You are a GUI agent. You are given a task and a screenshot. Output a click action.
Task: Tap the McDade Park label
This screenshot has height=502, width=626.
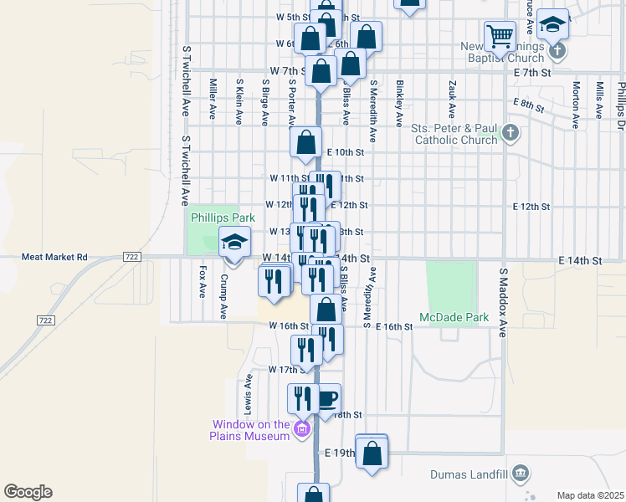click(x=454, y=318)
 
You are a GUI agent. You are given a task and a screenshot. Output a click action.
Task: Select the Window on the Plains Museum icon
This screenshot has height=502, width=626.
click(x=302, y=431)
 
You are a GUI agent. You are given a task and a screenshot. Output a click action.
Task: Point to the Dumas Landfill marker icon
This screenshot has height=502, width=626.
click(x=521, y=474)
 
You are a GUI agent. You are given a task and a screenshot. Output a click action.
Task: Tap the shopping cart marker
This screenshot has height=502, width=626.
click(x=500, y=37)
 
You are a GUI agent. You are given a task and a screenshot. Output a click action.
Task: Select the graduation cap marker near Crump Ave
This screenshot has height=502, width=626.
click(x=234, y=243)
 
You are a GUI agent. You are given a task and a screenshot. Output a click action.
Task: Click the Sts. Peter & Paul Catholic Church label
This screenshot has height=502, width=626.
click(x=454, y=134)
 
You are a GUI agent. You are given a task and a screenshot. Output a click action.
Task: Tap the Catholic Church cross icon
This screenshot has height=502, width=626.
click(x=511, y=133)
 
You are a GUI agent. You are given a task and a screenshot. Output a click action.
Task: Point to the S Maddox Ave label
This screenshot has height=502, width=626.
click(x=504, y=303)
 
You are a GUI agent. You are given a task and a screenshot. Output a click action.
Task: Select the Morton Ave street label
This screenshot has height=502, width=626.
click(x=576, y=105)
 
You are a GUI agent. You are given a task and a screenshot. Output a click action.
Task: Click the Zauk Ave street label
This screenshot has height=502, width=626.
click(x=451, y=98)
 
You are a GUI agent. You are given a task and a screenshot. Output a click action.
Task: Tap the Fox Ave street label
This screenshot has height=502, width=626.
click(x=203, y=282)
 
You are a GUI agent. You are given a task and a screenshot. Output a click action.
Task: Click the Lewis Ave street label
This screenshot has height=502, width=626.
click(x=249, y=391)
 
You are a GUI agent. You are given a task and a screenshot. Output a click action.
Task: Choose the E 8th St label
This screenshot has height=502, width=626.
click(x=528, y=106)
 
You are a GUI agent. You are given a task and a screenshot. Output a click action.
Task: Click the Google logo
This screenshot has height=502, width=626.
click(x=28, y=492)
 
